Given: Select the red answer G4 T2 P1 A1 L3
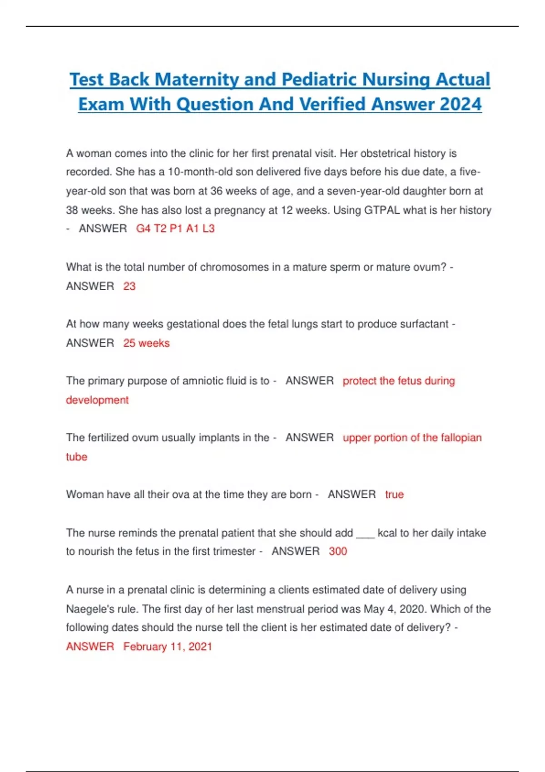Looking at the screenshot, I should tap(175, 228).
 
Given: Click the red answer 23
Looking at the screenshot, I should tap(129, 286).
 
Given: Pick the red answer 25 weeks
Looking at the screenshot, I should tap(146, 343).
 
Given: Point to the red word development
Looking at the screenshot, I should tap(97, 400).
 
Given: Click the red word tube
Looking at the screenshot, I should tap(76, 457).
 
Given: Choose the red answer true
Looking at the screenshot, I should tap(394, 495).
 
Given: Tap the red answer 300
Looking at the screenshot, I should tap(338, 551).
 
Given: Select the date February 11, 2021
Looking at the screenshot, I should tap(168, 647).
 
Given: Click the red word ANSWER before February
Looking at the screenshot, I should tap(90, 647).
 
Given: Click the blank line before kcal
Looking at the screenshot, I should tap(365, 533).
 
